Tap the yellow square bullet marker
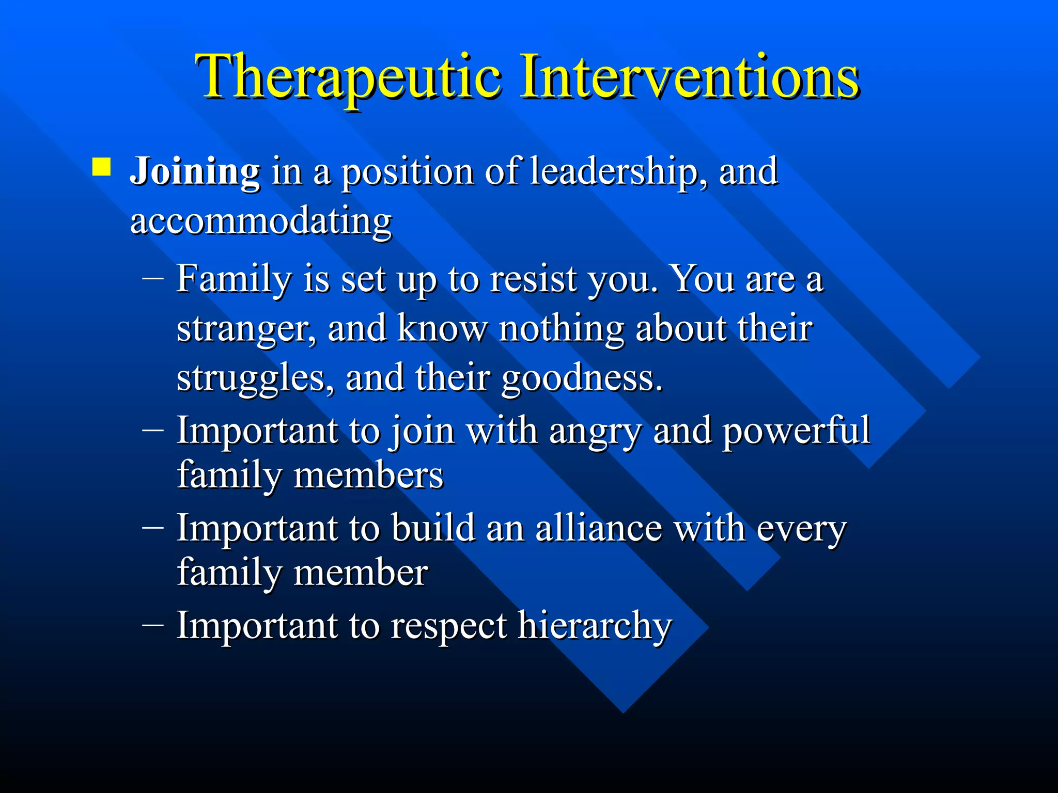pos(101,167)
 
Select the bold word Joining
pos(195,172)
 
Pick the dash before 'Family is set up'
pos(152,278)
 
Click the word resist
pos(533,279)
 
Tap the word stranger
pos(246,329)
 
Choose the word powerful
pos(796,431)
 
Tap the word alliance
pos(598,529)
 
